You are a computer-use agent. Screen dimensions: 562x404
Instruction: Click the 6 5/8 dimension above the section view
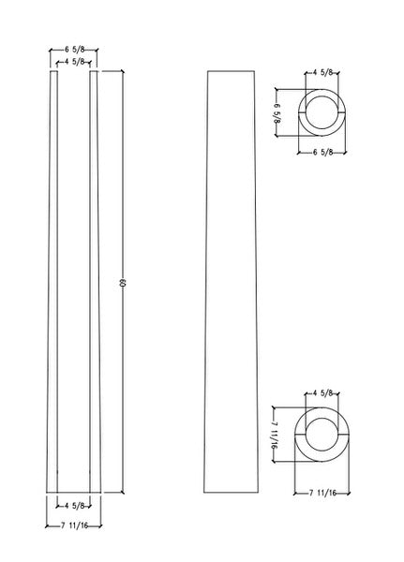click(x=76, y=51)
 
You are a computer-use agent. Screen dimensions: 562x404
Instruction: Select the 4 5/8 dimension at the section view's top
click(x=76, y=62)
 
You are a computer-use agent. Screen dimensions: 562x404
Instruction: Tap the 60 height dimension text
click(x=122, y=283)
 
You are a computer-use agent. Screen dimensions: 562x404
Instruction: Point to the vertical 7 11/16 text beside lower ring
click(x=275, y=433)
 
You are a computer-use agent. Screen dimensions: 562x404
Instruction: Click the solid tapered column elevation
click(x=231, y=281)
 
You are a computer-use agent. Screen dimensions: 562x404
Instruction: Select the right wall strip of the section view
click(x=96, y=281)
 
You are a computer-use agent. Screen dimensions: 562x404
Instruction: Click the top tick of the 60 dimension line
click(x=122, y=71)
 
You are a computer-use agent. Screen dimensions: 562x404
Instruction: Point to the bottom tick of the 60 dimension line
click(x=122, y=493)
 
